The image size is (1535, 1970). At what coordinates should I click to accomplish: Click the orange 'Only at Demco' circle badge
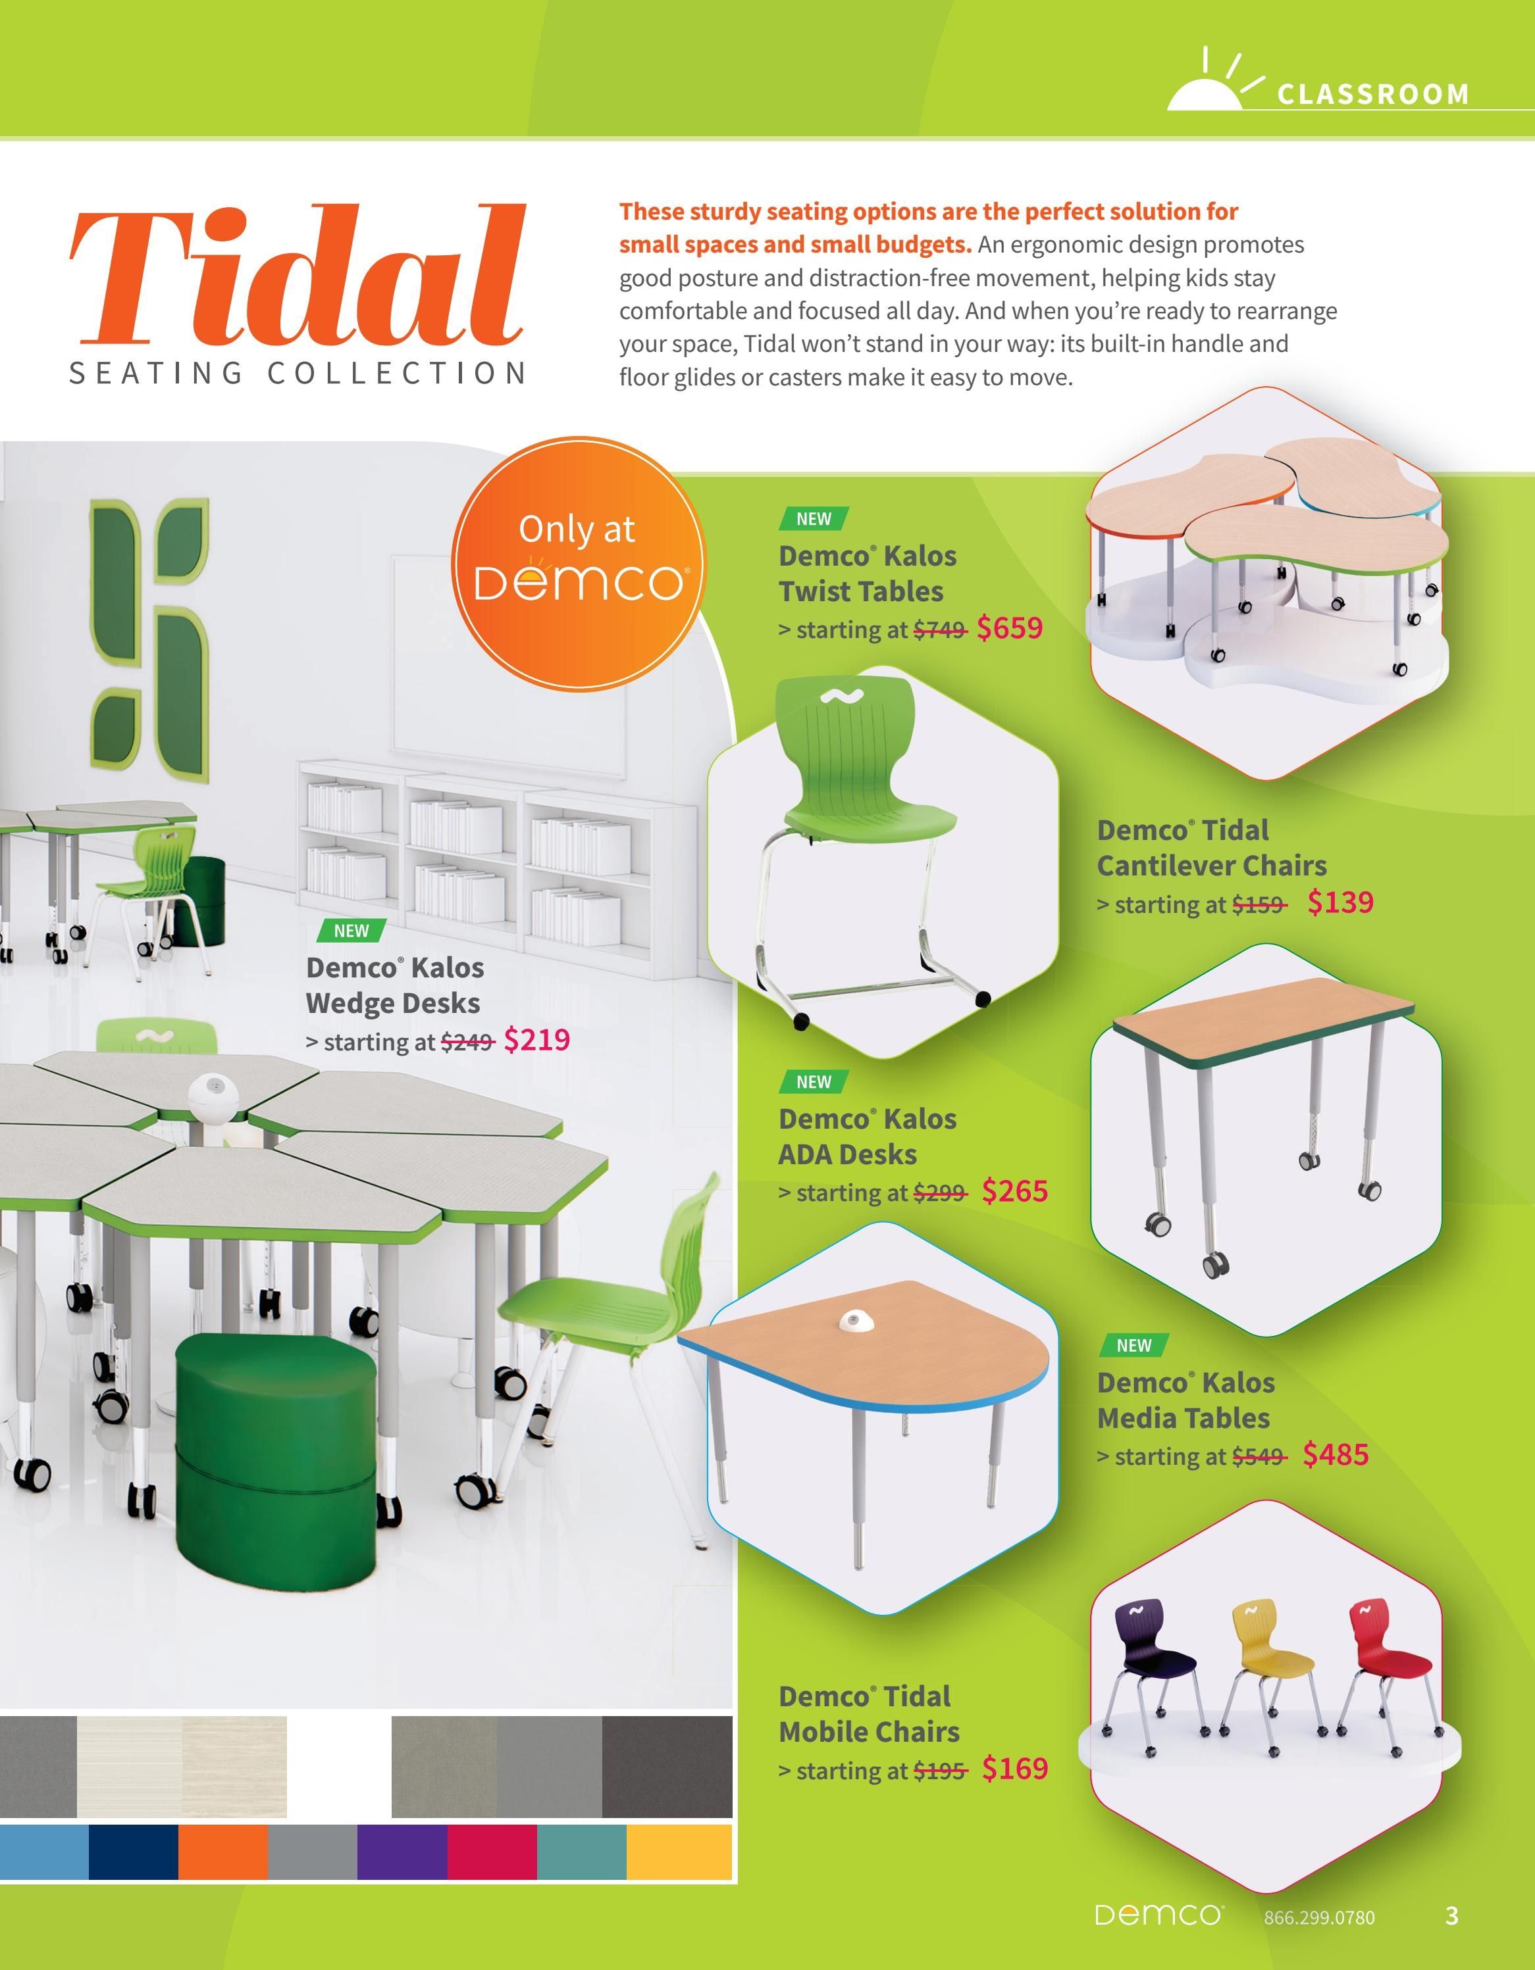pos(577,564)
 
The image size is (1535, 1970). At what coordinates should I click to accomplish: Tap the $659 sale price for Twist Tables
pos(1010,628)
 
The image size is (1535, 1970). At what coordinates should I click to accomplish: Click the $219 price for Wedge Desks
pos(537,1040)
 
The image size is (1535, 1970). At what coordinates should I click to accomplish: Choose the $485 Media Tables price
pos(1336,1454)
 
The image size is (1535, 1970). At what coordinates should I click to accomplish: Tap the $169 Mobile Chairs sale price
pos(1015,1768)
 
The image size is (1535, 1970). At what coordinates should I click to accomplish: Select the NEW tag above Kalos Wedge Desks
pos(351,930)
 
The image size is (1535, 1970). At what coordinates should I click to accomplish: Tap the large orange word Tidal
pos(298,274)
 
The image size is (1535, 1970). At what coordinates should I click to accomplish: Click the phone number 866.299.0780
pos(1319,1917)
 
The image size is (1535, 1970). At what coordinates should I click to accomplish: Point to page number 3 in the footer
pos(1451,1915)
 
